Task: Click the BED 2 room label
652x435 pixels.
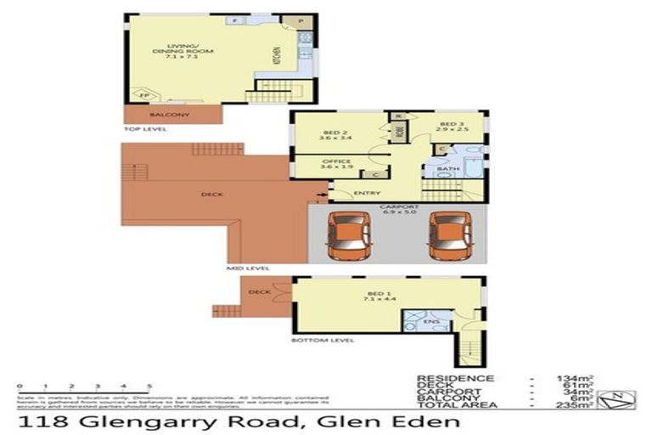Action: (332, 133)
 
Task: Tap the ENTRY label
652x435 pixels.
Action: (367, 193)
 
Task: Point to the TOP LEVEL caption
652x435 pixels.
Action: (145, 130)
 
